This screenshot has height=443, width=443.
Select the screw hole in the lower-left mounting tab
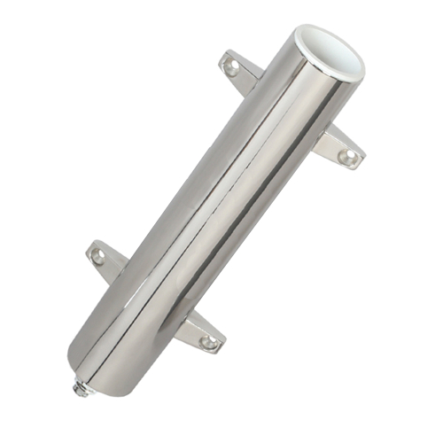[97, 255]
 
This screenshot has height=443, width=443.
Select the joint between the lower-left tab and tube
[120, 270]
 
